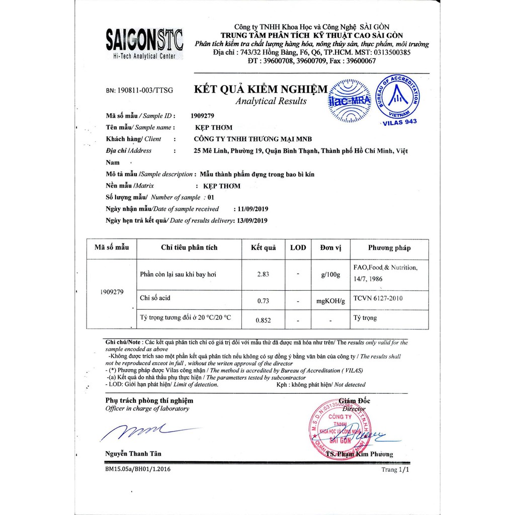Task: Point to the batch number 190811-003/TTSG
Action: click(x=139, y=91)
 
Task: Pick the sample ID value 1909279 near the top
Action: click(x=203, y=116)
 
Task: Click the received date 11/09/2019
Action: click(x=251, y=209)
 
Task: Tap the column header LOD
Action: click(x=298, y=247)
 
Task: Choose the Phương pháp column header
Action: click(x=389, y=247)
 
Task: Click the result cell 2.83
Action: click(x=263, y=274)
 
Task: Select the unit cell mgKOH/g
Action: click(x=330, y=301)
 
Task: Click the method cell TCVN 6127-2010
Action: click(x=378, y=298)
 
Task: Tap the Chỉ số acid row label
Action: click(x=155, y=298)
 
